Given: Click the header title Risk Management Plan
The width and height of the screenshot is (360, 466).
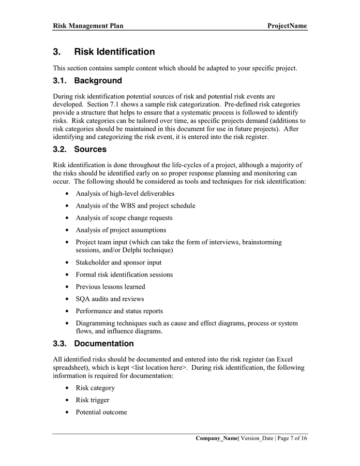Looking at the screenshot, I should click(88, 25).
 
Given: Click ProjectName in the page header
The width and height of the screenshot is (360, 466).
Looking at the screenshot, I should click(287, 25).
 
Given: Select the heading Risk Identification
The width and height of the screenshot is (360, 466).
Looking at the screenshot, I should click(114, 52).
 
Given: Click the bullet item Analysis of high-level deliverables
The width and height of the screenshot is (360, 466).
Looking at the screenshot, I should click(125, 194).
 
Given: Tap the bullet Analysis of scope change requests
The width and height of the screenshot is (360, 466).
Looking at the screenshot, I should click(124, 218).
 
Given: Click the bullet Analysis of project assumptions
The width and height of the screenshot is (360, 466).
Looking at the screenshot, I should click(121, 230).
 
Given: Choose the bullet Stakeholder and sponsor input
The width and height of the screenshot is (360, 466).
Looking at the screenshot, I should click(118, 263).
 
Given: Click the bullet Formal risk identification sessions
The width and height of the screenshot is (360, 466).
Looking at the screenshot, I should click(124, 274).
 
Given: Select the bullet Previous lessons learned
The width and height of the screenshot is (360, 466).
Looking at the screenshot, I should click(110, 287).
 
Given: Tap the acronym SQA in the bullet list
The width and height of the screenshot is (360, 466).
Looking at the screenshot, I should click(84, 299).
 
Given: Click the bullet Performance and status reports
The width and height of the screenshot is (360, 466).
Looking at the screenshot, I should click(119, 311).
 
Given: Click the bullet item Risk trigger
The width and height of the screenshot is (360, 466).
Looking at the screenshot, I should click(92, 400).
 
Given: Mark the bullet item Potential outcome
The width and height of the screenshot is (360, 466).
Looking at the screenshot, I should click(101, 412).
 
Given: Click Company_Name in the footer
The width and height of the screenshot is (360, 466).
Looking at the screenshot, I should click(216, 439).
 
